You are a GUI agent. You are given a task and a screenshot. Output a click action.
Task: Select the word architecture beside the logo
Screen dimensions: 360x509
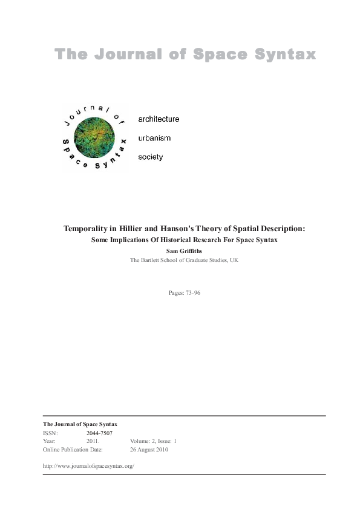(x=159, y=119)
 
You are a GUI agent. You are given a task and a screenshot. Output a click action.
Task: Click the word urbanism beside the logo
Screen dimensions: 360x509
(x=155, y=138)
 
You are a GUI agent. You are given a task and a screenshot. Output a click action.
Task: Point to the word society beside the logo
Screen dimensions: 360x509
(x=151, y=157)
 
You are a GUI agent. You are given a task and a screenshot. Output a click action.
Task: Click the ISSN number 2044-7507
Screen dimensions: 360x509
(x=99, y=433)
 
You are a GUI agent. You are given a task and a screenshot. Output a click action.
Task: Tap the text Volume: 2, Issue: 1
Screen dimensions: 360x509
(x=153, y=441)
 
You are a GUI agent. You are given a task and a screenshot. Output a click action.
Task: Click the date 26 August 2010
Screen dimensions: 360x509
(x=149, y=450)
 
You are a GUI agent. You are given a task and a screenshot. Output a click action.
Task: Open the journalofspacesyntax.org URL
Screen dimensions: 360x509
(x=88, y=465)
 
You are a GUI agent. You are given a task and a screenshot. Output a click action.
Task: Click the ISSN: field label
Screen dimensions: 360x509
(x=51, y=433)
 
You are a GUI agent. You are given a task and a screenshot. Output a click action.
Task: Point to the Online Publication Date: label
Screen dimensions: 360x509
(x=73, y=450)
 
